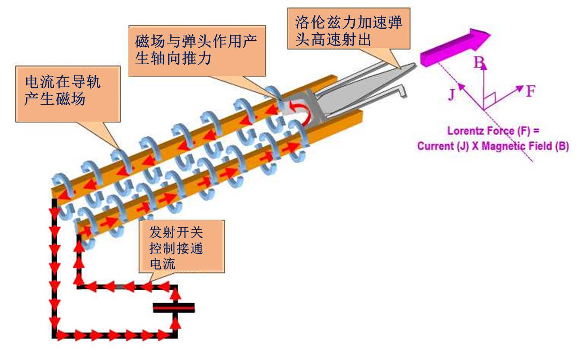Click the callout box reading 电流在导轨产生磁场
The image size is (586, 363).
(68, 94)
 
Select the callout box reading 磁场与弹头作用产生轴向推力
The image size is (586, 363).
(197, 51)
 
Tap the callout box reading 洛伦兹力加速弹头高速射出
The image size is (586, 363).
(349, 29)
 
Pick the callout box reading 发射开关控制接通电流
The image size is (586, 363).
(182, 246)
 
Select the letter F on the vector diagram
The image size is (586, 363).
(530, 91)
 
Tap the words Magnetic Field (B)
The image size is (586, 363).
(525, 146)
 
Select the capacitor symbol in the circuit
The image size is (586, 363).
(174, 308)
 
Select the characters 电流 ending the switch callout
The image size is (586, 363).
(162, 264)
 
